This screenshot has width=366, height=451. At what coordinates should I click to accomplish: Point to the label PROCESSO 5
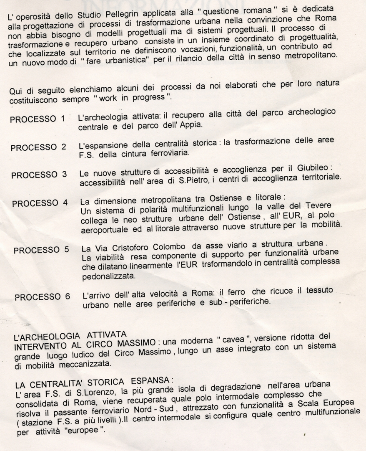pos(41,251)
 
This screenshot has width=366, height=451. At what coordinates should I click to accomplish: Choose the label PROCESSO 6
pos(42,297)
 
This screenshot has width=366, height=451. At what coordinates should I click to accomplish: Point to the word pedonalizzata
pos(108,277)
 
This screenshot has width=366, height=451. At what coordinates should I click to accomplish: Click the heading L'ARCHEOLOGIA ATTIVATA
pos(70,336)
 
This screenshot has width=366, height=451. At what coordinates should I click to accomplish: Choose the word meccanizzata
pos(78,364)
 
